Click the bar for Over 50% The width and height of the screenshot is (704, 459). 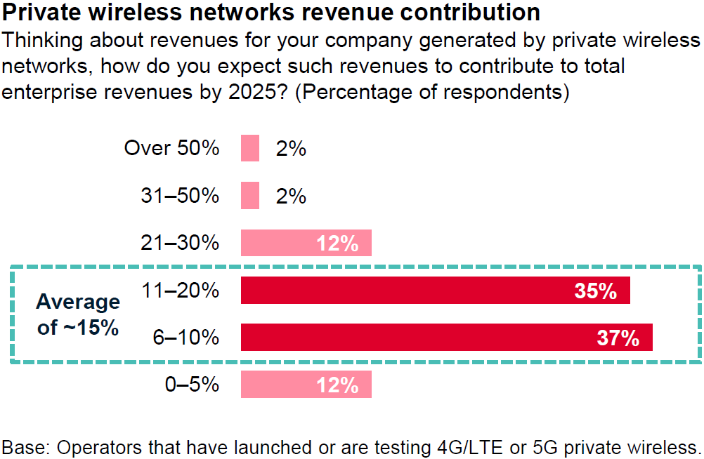click(250, 148)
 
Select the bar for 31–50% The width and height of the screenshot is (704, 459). click(250, 196)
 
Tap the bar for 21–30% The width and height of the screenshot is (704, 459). click(306, 243)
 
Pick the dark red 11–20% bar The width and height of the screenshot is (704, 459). click(435, 291)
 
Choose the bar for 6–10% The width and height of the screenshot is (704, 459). click(446, 338)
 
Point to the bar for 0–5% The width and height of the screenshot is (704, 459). click(306, 385)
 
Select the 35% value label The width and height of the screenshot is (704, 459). click(596, 291)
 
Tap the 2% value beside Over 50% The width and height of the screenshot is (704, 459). click(291, 149)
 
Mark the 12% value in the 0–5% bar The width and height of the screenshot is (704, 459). click(338, 385)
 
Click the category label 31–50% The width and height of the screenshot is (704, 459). click(180, 196)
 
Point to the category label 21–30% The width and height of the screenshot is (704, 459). click(180, 244)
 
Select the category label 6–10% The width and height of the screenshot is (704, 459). click(186, 338)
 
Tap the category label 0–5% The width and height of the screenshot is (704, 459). click(192, 385)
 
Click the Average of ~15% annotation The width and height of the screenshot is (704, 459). click(78, 314)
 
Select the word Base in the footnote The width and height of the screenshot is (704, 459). click(21, 447)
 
